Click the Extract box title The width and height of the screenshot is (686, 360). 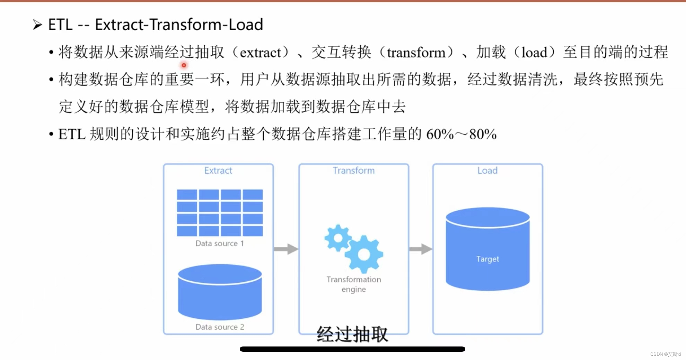click(x=218, y=170)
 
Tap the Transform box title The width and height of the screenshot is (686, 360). click(x=353, y=170)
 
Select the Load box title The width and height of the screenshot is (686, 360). click(x=487, y=170)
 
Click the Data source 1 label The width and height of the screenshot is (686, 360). click(x=220, y=243)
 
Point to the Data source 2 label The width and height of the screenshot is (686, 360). click(x=220, y=327)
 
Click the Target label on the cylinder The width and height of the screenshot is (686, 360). click(x=487, y=259)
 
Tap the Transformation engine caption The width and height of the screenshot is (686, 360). click(x=353, y=284)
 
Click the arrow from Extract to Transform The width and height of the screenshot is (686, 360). click(x=286, y=249)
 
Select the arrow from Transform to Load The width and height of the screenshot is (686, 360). click(x=421, y=249)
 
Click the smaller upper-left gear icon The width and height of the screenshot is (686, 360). click(x=337, y=238)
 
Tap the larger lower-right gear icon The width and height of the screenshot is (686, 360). click(x=364, y=255)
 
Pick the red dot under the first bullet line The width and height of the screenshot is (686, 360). click(x=184, y=65)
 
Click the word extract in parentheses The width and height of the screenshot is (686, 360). click(x=260, y=53)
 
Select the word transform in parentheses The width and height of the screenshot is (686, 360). click(x=416, y=53)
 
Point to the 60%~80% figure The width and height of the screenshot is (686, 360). click(x=461, y=134)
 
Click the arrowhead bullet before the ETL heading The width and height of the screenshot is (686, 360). click(x=37, y=25)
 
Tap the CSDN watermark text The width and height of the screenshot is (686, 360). click(x=665, y=354)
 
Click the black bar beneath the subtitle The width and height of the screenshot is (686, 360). click(x=352, y=349)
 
